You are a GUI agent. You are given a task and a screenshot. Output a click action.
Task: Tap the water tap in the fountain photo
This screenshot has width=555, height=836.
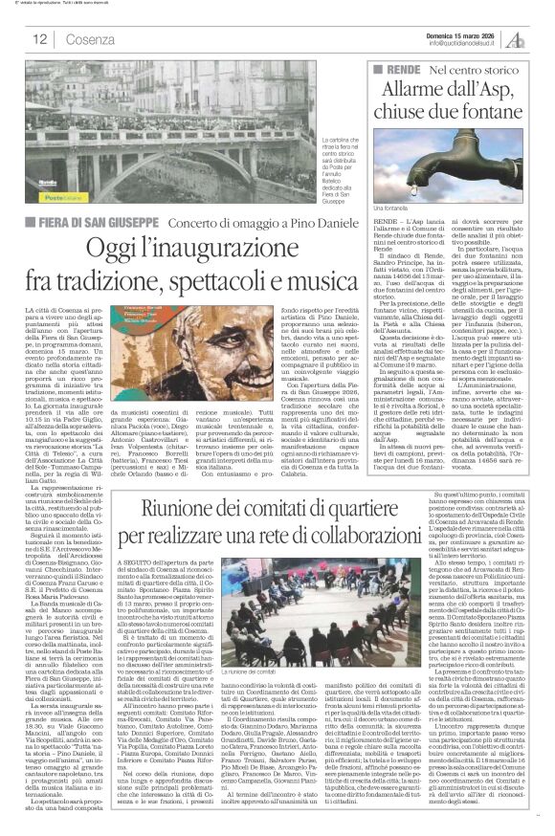pos(431,157)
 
